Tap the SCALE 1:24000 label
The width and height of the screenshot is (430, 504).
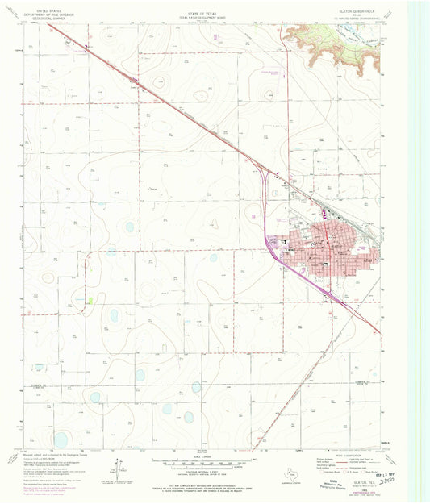[x=215, y=456]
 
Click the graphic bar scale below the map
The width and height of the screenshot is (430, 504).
[x=215, y=464]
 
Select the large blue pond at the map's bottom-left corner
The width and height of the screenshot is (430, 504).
[x=61, y=439]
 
